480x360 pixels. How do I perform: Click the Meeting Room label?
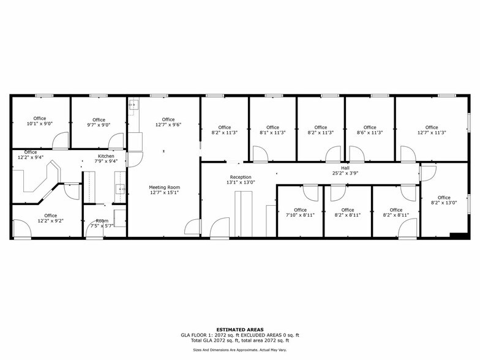(x=163, y=187)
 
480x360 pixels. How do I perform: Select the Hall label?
(x=345, y=167)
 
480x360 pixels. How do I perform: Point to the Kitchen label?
(x=106, y=156)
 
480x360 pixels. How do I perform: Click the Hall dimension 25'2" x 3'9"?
(x=345, y=173)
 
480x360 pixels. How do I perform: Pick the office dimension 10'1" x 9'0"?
(x=40, y=124)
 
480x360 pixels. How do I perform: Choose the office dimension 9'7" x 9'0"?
(x=99, y=126)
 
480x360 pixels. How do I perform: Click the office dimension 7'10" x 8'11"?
(x=300, y=216)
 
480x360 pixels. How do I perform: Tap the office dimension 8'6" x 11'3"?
(x=370, y=133)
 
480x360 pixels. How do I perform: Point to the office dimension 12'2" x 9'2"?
(x=50, y=221)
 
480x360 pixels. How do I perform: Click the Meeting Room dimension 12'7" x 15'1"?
(x=163, y=193)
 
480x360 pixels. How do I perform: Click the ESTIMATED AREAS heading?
(x=240, y=329)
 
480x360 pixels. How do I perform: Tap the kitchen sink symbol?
(x=121, y=188)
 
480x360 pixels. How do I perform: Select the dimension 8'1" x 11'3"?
(x=272, y=133)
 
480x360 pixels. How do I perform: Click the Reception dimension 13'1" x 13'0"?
(x=241, y=182)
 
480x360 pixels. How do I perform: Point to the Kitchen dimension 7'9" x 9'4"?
(x=106, y=162)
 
